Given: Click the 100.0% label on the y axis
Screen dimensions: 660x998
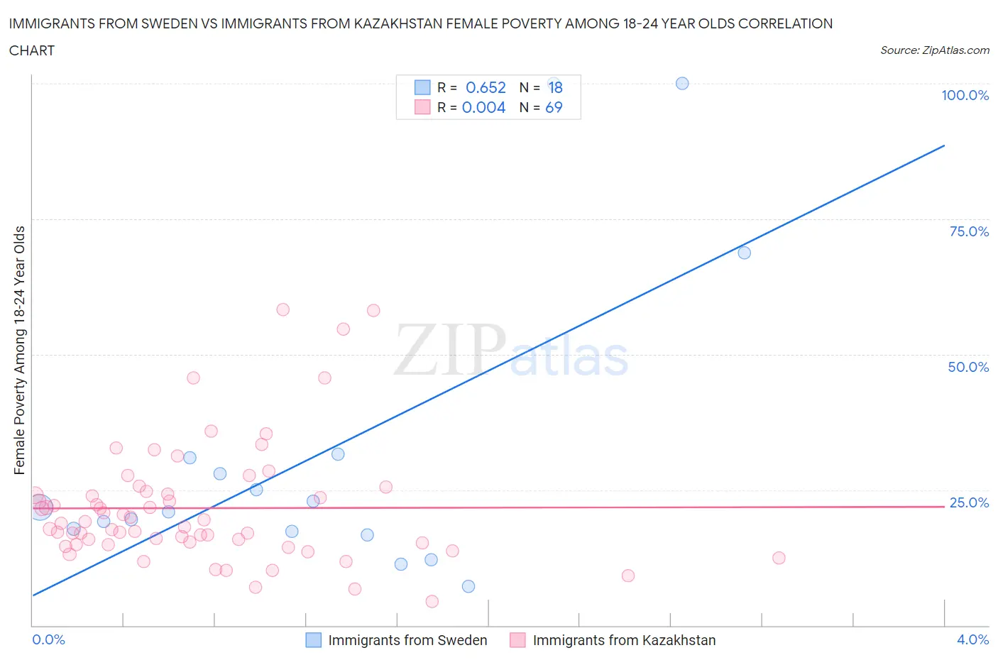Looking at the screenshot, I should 965,95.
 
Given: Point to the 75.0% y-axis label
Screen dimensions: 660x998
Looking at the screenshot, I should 968,231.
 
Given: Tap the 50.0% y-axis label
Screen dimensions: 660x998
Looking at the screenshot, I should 968,367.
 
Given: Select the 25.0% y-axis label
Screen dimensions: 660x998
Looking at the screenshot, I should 968,502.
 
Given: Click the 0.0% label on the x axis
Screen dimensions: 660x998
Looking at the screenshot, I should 48,639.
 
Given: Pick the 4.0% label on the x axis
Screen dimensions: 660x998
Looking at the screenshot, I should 972,639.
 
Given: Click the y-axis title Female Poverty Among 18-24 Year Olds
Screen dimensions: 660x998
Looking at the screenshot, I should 19,350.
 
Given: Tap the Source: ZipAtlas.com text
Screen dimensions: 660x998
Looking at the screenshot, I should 934,50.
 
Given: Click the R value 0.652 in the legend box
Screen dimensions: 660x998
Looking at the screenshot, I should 486,87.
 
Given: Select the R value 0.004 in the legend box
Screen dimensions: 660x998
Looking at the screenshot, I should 483,107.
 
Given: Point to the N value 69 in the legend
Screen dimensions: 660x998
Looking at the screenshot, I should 554,107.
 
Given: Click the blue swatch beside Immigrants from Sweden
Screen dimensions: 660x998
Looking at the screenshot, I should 313,640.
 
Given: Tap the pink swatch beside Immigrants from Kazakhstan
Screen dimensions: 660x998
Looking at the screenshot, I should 517,640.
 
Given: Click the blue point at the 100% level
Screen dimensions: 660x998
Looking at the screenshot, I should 682,83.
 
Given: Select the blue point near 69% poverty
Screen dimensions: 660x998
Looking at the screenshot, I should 744,253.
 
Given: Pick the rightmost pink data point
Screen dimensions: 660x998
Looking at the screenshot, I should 779,558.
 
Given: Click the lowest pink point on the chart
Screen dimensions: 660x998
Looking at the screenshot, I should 432,601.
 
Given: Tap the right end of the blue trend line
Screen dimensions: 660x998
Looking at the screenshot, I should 944,145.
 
